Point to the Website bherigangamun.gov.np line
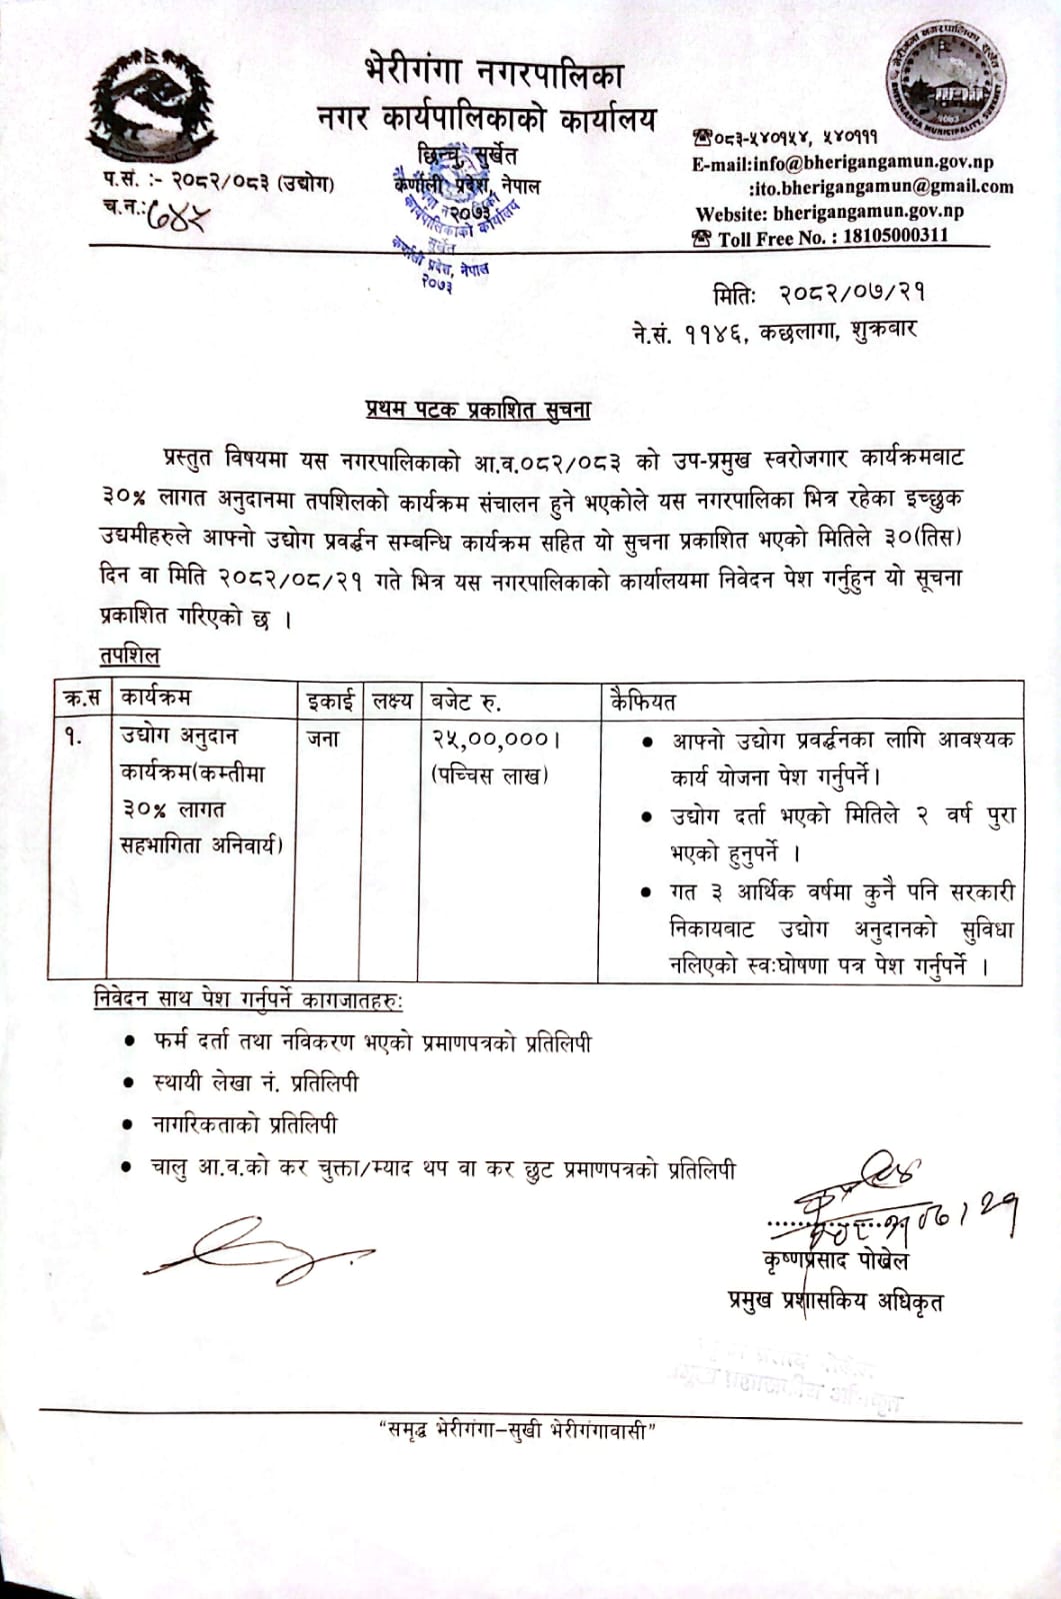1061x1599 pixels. tap(829, 212)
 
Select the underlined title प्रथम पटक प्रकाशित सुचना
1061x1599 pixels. tap(477, 410)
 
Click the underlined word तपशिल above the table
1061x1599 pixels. tap(129, 656)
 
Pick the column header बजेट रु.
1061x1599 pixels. tap(466, 701)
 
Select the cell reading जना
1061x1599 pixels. tap(323, 739)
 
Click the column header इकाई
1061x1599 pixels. tap(330, 701)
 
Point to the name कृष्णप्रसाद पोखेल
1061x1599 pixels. tap(835, 1261)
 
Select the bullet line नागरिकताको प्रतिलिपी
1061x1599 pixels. tap(244, 1124)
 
